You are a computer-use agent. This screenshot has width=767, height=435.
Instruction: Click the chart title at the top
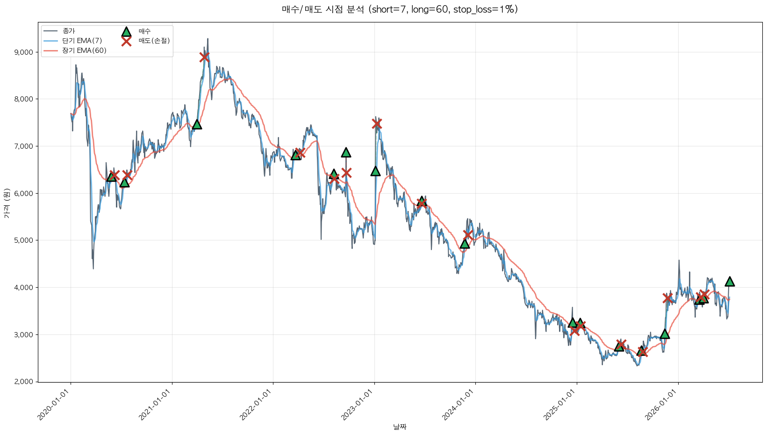pos(400,9)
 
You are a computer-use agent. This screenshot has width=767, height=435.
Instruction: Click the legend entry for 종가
pos(59,31)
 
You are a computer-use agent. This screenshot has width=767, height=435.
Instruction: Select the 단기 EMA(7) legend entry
pos(72,41)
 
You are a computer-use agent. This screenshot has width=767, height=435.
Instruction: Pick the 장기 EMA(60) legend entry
pos(75,51)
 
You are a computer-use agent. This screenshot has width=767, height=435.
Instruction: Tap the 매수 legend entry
pos(136,31)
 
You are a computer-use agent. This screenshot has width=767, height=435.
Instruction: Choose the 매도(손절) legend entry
pos(145,41)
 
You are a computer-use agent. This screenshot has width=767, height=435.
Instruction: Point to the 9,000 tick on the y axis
pos(24,52)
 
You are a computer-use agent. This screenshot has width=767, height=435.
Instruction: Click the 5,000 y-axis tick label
pos(24,240)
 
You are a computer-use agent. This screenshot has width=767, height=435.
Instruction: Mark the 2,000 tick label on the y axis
pos(24,382)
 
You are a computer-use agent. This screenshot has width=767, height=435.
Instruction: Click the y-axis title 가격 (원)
pos(7,203)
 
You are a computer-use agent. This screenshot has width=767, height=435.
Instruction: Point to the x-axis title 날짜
pos(400,427)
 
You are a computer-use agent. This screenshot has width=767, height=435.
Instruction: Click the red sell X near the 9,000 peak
pos(204,57)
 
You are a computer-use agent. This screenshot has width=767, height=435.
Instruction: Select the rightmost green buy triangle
pos(730,282)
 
